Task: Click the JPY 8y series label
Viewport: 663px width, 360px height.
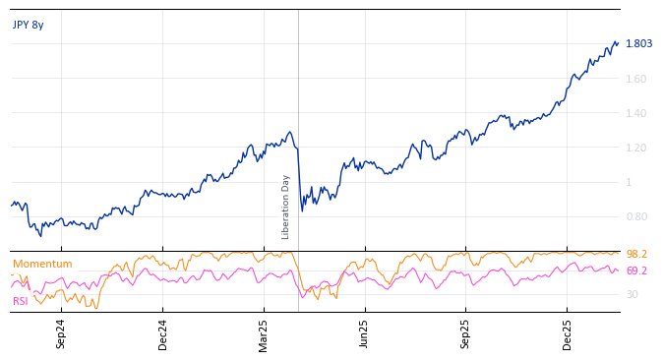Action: tap(29, 26)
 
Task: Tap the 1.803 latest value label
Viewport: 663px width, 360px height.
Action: tap(638, 44)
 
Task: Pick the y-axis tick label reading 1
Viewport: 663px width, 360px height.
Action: tap(629, 182)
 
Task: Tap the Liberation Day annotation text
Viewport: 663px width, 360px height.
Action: tap(286, 207)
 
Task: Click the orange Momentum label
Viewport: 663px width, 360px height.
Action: tap(42, 265)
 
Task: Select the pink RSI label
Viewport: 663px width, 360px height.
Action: tap(21, 301)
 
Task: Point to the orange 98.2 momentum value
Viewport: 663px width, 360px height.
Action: tap(636, 255)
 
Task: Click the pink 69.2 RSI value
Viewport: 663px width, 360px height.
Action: tap(636, 270)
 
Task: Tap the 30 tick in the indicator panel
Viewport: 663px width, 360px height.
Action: tap(632, 294)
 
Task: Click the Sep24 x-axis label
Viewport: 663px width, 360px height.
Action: tap(61, 334)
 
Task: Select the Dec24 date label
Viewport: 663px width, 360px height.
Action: tap(163, 334)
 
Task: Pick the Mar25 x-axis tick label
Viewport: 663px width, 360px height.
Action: tap(264, 334)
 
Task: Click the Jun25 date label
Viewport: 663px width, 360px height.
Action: tap(365, 334)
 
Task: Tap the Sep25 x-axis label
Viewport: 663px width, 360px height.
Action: tap(466, 334)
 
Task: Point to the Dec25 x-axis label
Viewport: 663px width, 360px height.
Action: tap(568, 334)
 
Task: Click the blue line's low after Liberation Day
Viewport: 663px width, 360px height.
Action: tap(302, 210)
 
